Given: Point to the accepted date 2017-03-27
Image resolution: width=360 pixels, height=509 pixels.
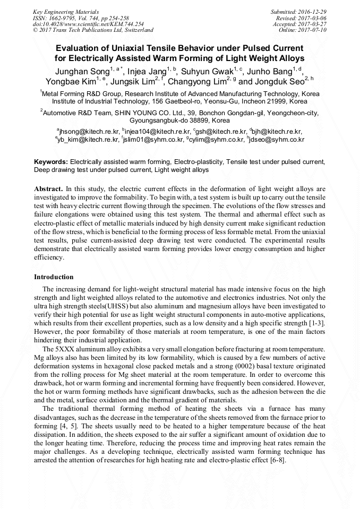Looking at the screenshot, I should click(x=314, y=24).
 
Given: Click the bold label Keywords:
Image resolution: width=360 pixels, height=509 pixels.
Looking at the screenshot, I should click(x=51, y=161).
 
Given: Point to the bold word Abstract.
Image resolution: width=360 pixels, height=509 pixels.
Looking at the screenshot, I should click(x=48, y=188).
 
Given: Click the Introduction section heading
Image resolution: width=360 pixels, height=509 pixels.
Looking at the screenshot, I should click(x=54, y=277).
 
